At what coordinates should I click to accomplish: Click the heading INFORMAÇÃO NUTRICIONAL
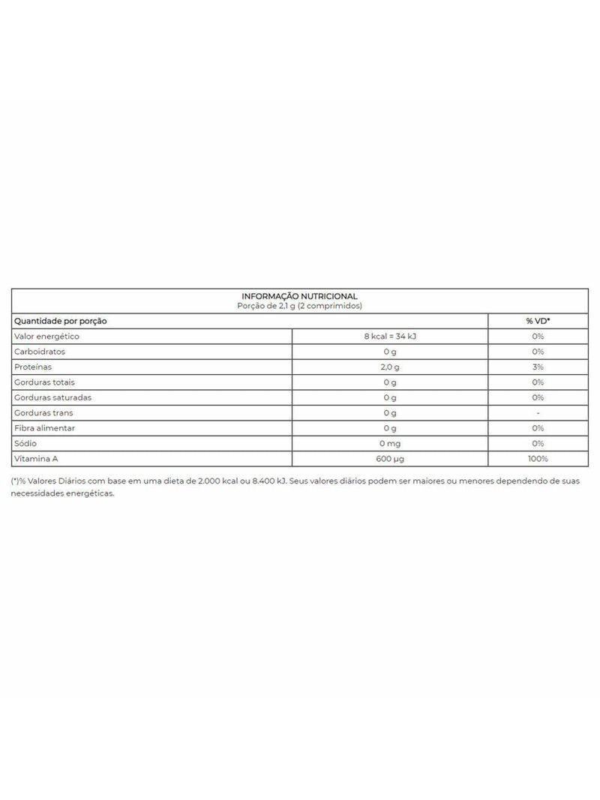coord(299,296)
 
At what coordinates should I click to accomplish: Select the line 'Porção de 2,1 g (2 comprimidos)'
coord(299,306)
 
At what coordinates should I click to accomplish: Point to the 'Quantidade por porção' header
coord(61,321)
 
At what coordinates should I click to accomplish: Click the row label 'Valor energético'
coord(46,337)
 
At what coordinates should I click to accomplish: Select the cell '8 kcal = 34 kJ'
coord(389,337)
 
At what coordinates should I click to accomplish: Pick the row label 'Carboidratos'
coord(40,352)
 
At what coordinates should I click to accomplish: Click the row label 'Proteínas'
coord(35,367)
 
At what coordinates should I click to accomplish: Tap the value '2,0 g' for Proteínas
coord(389,367)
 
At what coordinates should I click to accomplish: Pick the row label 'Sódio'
coord(28,443)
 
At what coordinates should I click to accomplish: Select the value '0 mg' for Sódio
coord(389,443)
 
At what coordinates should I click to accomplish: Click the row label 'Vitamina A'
coord(35,459)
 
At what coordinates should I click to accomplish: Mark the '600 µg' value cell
coord(389,459)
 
